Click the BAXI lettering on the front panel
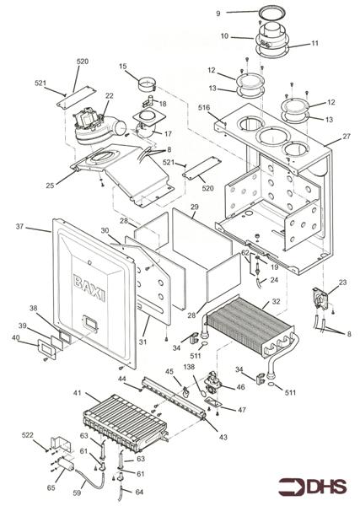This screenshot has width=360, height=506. click(89, 288)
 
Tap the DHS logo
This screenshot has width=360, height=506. click(313, 487)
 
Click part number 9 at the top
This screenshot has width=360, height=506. click(218, 13)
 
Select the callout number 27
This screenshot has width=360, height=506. click(347, 137)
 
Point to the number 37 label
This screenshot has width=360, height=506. click(20, 227)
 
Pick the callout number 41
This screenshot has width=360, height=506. click(77, 393)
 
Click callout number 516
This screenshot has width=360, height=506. click(204, 107)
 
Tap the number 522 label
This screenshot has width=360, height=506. click(28, 435)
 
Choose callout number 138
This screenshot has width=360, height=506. click(189, 367)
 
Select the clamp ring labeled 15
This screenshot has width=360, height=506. click(148, 84)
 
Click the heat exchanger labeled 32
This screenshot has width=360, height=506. click(250, 326)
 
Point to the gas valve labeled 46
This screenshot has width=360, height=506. click(213, 383)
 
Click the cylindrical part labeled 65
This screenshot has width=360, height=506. click(66, 465)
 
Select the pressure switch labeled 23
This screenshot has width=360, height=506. click(320, 299)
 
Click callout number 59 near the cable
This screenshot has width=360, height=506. click(77, 493)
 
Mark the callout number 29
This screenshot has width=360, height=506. click(195, 207)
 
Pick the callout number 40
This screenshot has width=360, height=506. click(15, 338)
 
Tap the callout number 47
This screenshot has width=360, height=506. click(242, 410)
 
